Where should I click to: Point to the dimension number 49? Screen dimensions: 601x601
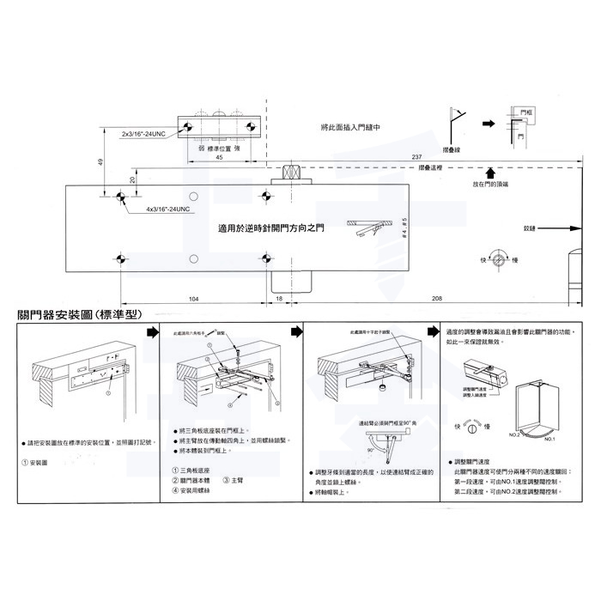[x=100, y=162]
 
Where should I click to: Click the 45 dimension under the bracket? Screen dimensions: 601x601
[x=220, y=158]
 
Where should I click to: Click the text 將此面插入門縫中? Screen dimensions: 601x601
[x=351, y=126]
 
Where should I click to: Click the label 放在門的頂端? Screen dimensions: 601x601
[x=491, y=185]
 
